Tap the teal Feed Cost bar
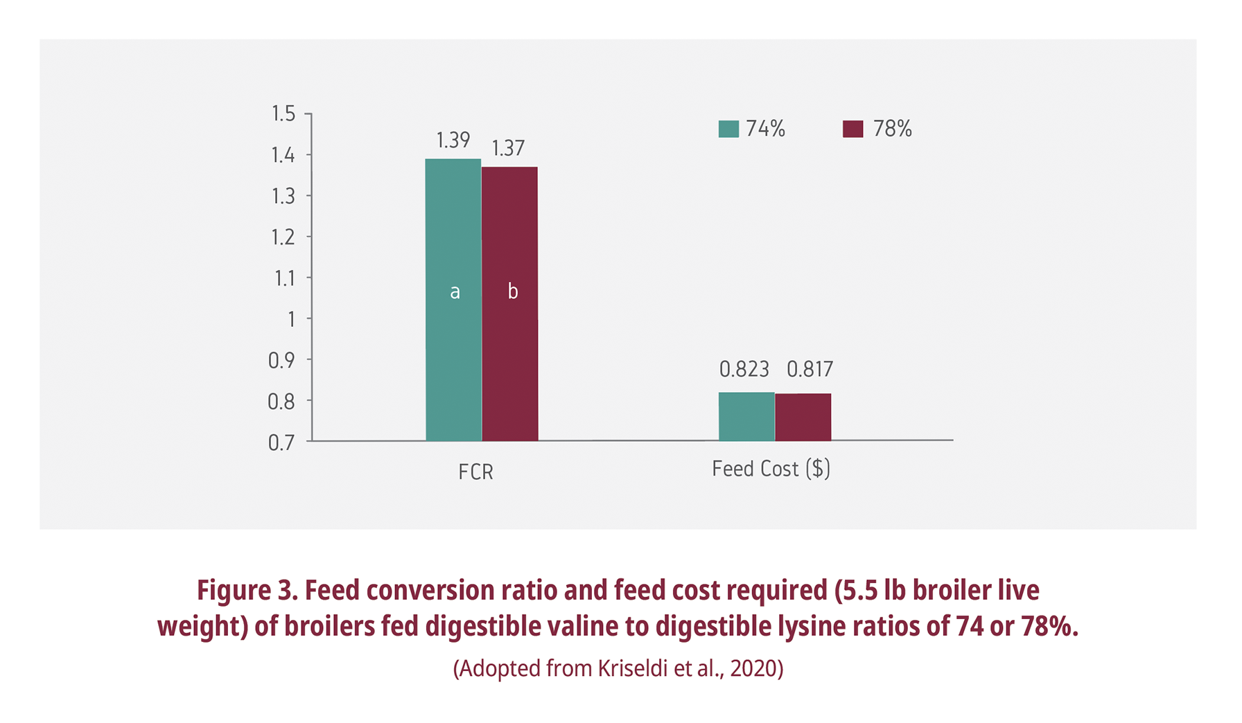[x=746, y=417]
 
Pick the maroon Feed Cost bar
[x=803, y=418]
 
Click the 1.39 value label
[x=453, y=141]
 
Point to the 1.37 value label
[x=508, y=148]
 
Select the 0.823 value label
[x=744, y=370]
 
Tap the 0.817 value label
[x=810, y=370]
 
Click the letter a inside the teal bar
[x=455, y=292]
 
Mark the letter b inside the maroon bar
[x=513, y=292]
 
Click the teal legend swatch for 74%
[x=728, y=130]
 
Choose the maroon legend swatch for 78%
[x=853, y=130]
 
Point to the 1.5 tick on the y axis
[x=283, y=114]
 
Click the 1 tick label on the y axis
[x=291, y=319]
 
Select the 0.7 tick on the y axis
[x=281, y=443]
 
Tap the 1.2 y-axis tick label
[x=283, y=238]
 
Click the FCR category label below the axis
[x=475, y=472]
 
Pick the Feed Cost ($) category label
[x=771, y=470]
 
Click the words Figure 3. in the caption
[x=247, y=591]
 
